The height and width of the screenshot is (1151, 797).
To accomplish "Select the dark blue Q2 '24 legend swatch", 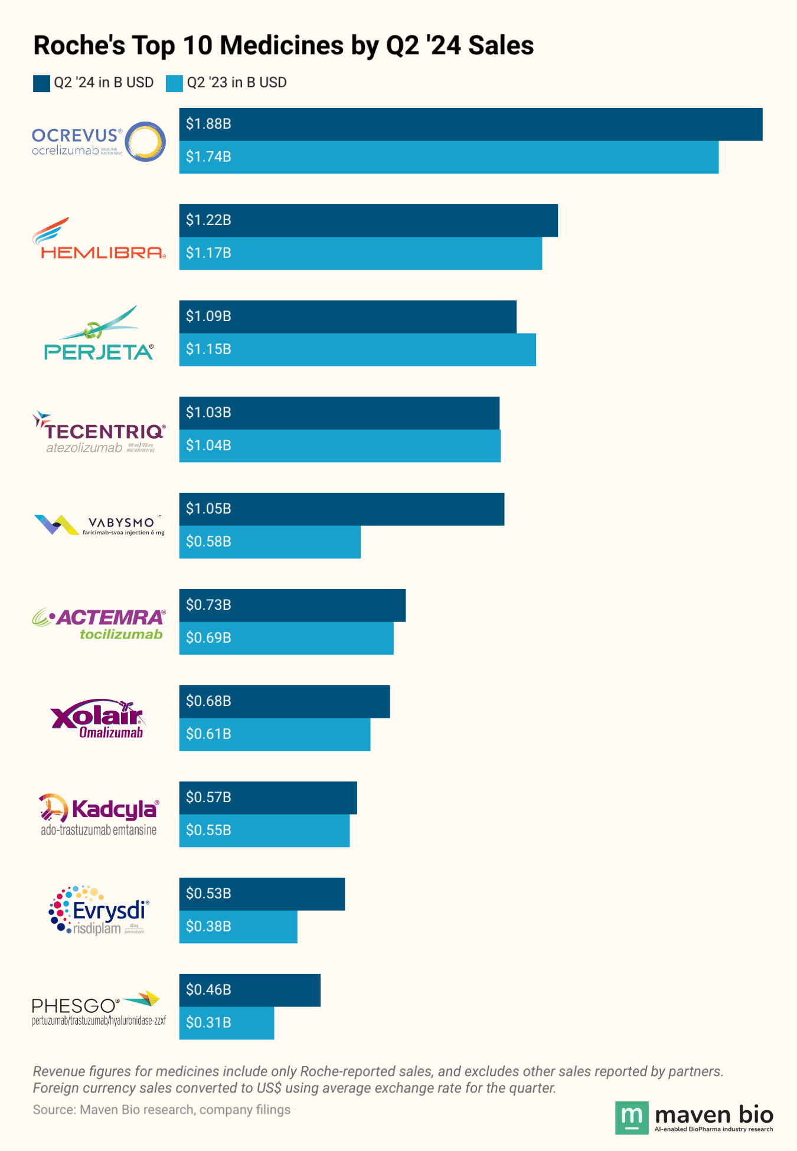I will click(41, 83).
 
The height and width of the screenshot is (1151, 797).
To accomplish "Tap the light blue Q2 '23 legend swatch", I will click(174, 83).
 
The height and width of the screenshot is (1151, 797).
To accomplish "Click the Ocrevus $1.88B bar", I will click(471, 125).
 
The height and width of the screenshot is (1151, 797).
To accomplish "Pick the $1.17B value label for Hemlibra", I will click(208, 253).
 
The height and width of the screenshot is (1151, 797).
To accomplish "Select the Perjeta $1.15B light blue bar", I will click(357, 349).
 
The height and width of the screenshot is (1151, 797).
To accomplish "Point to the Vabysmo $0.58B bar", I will click(270, 542).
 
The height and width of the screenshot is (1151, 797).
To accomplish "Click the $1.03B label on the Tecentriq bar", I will click(208, 413).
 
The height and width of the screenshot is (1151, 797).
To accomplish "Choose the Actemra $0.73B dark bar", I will click(292, 605).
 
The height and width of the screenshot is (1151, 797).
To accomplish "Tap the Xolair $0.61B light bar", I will click(275, 734).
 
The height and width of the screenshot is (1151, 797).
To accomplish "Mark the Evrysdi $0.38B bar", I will click(238, 927).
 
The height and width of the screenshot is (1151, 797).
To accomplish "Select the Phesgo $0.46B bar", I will click(250, 990).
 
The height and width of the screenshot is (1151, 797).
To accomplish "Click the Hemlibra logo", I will click(99, 239).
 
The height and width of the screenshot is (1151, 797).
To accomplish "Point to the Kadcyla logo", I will click(99, 815).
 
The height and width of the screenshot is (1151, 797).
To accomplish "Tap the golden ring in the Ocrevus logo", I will click(145, 142).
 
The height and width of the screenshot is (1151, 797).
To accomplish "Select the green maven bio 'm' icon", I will click(632, 1117).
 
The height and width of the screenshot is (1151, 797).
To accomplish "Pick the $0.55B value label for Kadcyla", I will click(208, 830).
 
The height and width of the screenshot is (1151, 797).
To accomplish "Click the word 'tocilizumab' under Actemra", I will click(121, 635).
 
